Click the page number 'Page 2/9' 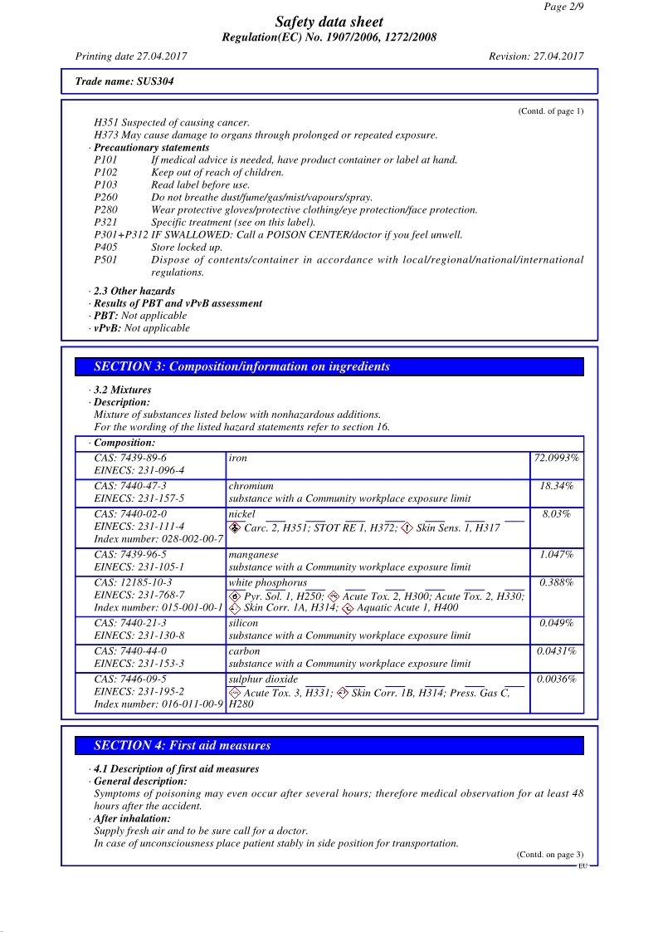coord(563,7)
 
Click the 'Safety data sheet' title coord(329,22)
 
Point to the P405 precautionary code coord(105,247)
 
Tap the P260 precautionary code coord(105,197)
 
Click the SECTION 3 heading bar coord(329,366)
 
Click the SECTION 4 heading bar coord(329,745)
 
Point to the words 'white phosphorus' coord(267,583)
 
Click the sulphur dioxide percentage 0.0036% coord(556,679)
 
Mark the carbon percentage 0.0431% coord(556,651)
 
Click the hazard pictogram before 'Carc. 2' coord(235,527)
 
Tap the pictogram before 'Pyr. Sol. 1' coord(235,596)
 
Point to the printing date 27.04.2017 coord(131,56)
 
